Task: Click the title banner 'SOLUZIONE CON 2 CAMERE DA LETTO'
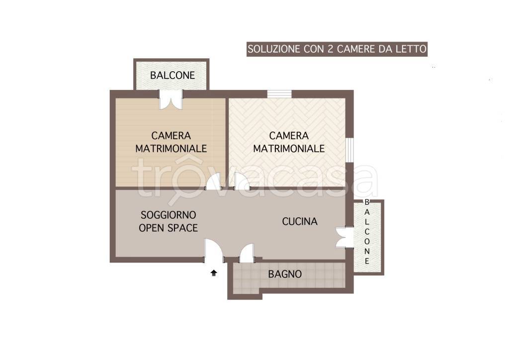pyautogui.click(x=337, y=49)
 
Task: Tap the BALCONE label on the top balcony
pyautogui.click(x=172, y=75)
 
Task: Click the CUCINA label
pyautogui.click(x=300, y=221)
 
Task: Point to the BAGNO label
pyautogui.click(x=285, y=274)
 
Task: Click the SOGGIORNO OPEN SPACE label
pyautogui.click(x=168, y=221)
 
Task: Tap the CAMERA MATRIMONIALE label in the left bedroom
pyautogui.click(x=171, y=142)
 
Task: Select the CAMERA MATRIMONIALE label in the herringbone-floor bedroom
pyautogui.click(x=289, y=142)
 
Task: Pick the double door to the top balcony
pyautogui.click(x=171, y=99)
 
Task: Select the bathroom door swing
pyautogui.click(x=247, y=253)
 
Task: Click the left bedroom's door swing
pyautogui.click(x=213, y=181)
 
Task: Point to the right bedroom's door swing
pyautogui.click(x=242, y=181)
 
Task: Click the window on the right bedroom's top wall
pyautogui.click(x=279, y=94)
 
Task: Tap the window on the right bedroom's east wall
pyautogui.click(x=349, y=150)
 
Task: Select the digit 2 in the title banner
pyautogui.click(x=331, y=49)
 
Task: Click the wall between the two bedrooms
pyautogui.click(x=227, y=142)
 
